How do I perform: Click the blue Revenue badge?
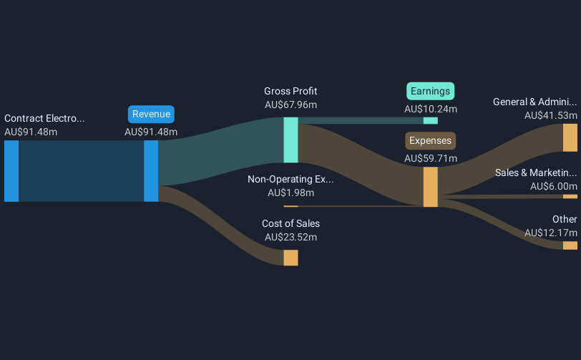(151, 114)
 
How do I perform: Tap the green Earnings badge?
(431, 91)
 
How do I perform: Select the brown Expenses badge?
(431, 140)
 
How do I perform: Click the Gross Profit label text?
(290, 91)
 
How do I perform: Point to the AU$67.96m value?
(290, 104)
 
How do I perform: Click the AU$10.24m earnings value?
(431, 109)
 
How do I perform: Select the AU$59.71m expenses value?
(431, 158)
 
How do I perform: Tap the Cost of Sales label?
(290, 223)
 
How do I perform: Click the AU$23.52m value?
(290, 237)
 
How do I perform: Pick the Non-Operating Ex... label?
(290, 179)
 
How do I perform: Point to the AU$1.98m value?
(290, 193)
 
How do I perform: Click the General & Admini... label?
(534, 102)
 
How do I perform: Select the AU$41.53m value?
(550, 115)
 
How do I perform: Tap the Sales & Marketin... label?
(536, 172)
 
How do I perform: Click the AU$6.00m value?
(553, 186)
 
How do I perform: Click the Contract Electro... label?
(44, 118)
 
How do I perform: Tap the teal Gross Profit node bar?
(290, 140)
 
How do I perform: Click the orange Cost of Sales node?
(290, 258)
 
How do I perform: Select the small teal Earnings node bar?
(431, 120)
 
